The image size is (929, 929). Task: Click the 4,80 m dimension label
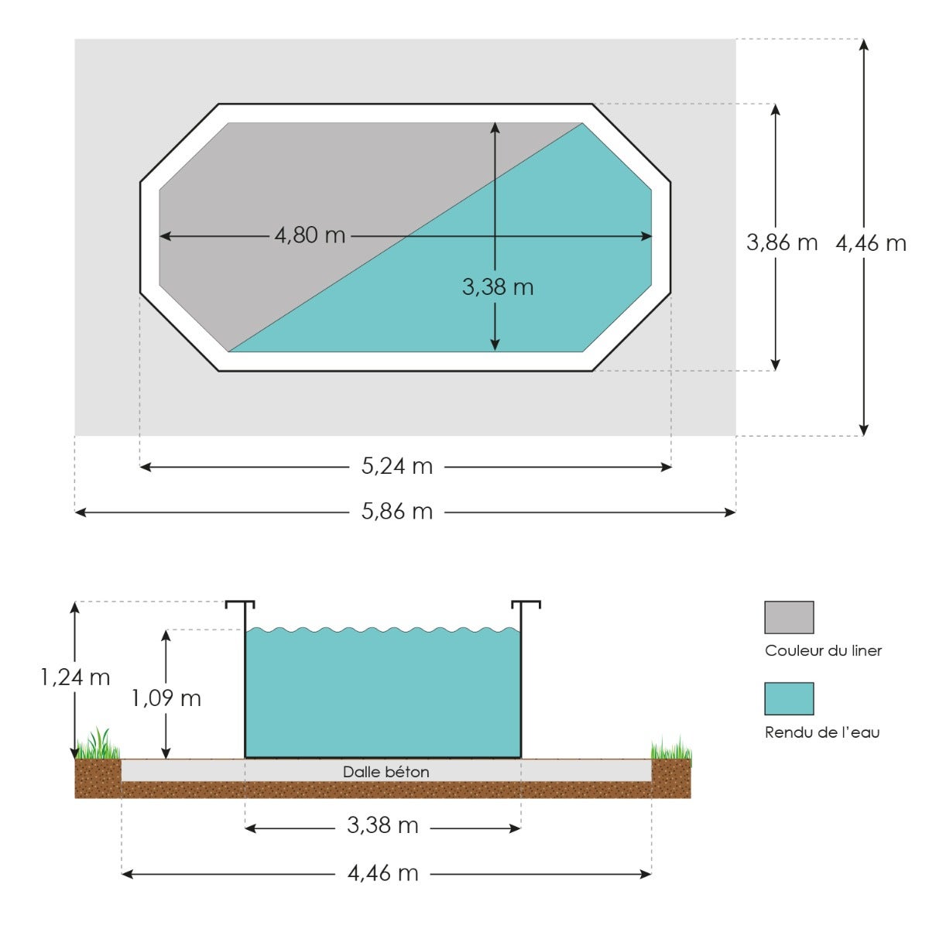point(310,235)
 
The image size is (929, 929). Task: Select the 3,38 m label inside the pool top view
point(497,287)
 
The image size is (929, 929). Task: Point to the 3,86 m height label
point(781,243)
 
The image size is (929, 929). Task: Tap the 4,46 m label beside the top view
point(871,244)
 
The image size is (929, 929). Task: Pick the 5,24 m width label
point(397,467)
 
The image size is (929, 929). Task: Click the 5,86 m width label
point(397,512)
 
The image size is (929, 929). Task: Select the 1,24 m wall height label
point(75,678)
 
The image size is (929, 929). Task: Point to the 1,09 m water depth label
point(166,699)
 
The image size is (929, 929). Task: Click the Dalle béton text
point(386,772)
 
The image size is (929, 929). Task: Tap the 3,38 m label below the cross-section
point(382,826)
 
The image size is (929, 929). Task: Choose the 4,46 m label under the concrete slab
point(382,874)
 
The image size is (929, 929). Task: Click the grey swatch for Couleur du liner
point(789,618)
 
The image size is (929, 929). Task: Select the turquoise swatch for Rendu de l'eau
point(789,699)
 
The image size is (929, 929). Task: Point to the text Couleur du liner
point(823,651)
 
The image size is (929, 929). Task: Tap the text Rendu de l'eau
point(821,732)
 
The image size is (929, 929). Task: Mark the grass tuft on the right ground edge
point(670,749)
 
